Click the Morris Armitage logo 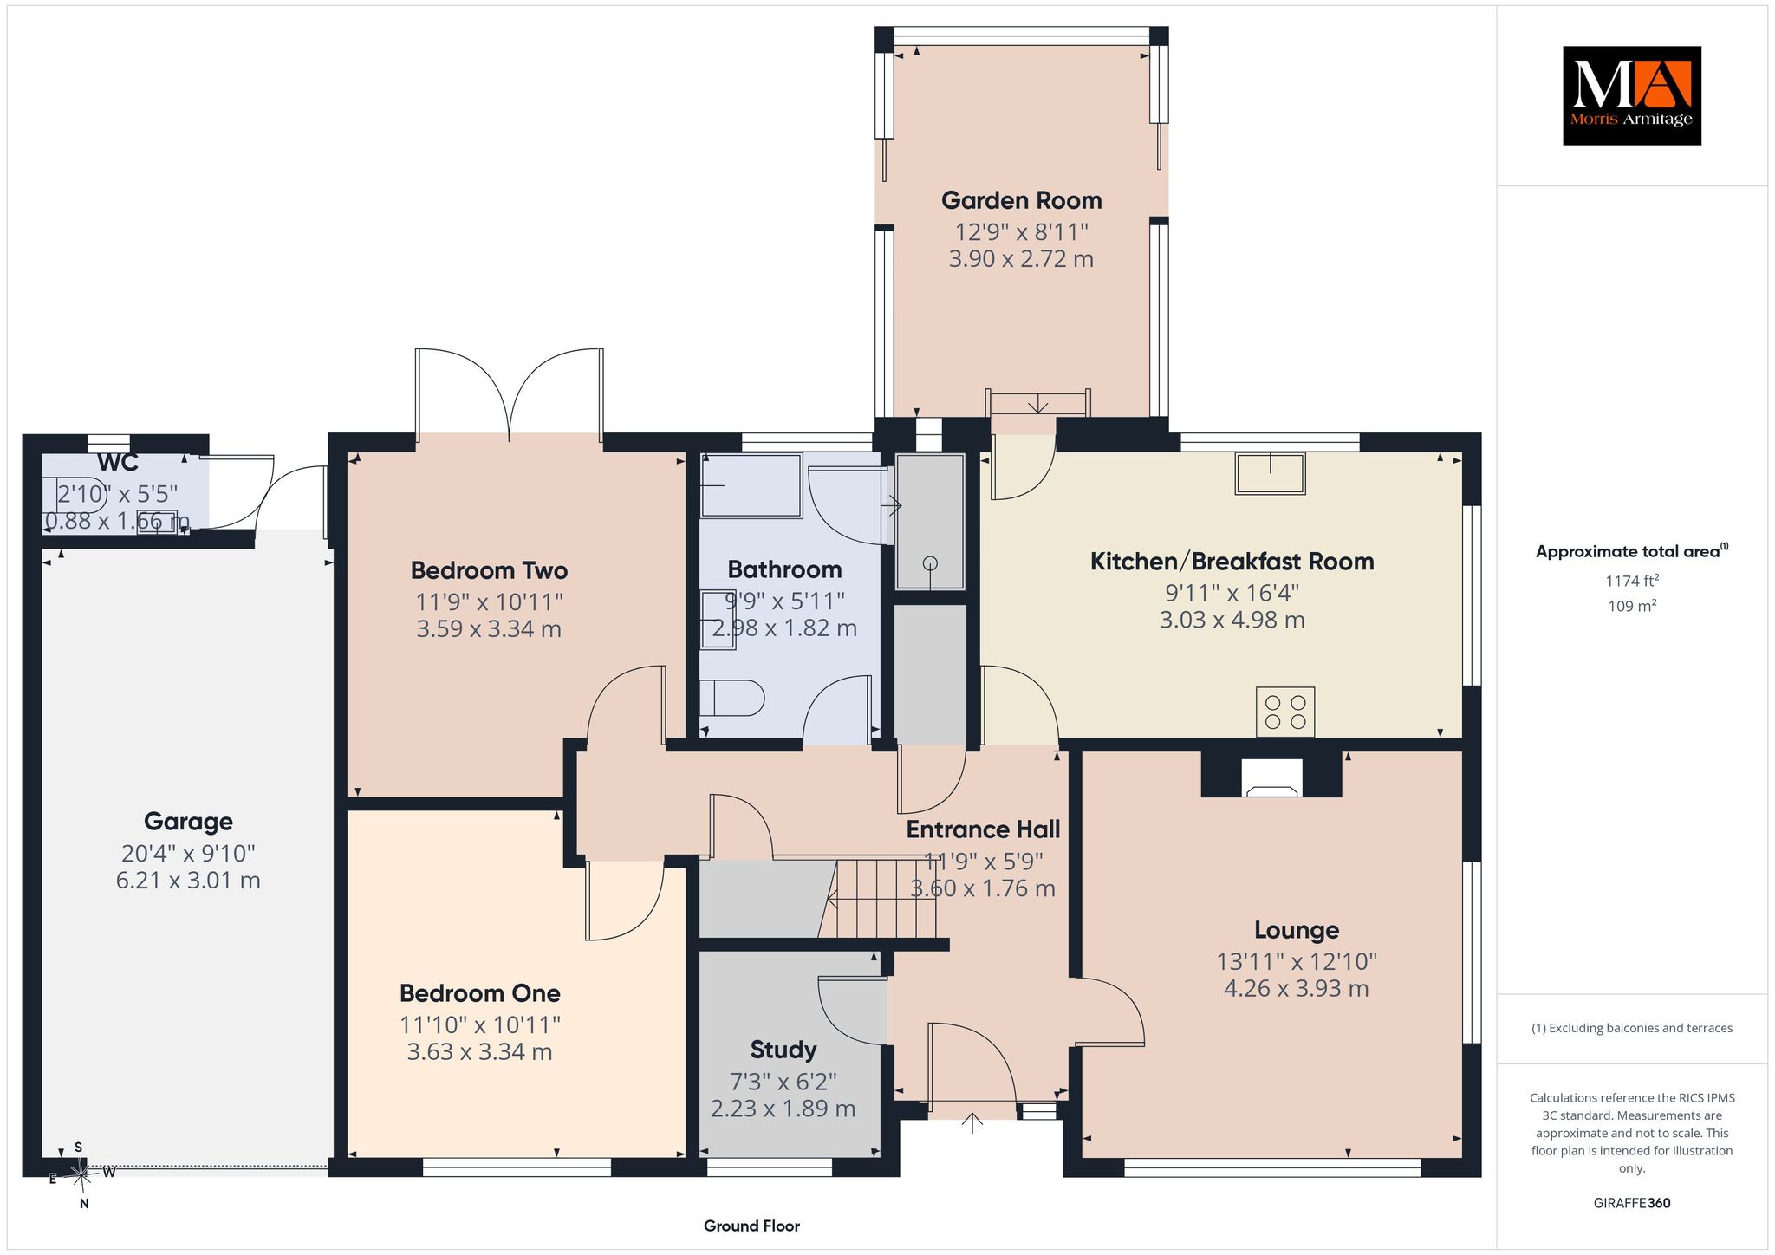[x=1631, y=95]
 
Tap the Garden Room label [x=1022, y=201]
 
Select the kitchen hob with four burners [x=1285, y=712]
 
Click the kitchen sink [x=1271, y=473]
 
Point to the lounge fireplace [x=1271, y=777]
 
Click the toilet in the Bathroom [x=731, y=698]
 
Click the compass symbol [x=80, y=1175]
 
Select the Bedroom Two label [x=489, y=570]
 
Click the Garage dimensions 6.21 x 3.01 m [x=188, y=881]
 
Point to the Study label [x=783, y=1050]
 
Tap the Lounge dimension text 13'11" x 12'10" [x=1297, y=961]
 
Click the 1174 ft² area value [x=1632, y=581]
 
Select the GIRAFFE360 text [x=1632, y=1203]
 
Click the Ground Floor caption [x=751, y=1226]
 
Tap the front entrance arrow [x=972, y=1123]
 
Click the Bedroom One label [x=480, y=993]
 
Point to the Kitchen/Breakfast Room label [x=1232, y=562]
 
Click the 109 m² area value [x=1632, y=606]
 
